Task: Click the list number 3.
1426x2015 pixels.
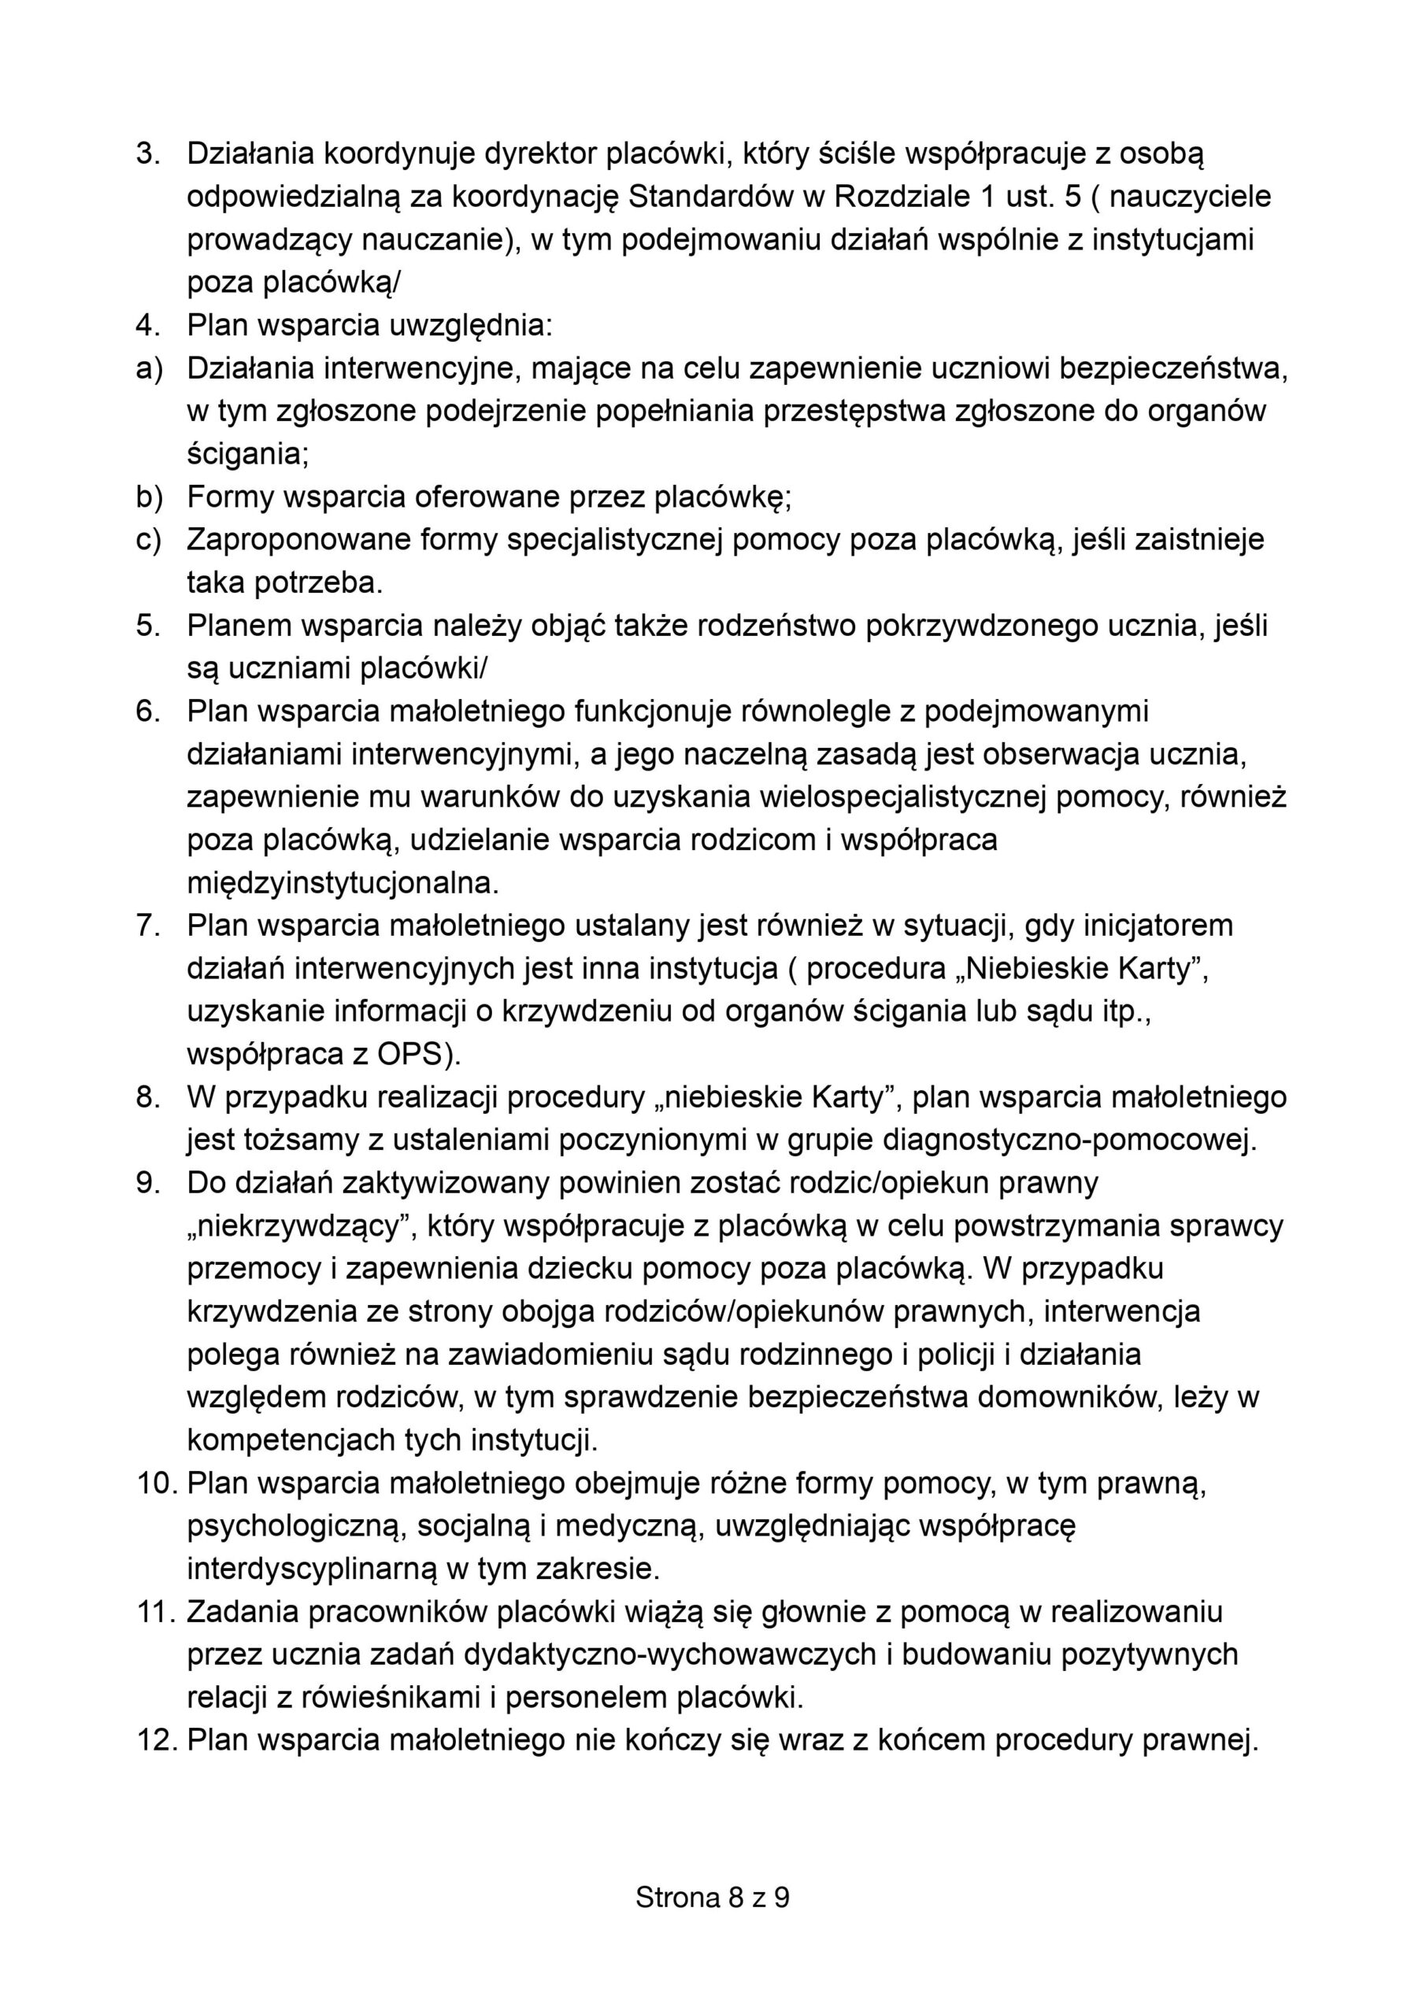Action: tap(147, 153)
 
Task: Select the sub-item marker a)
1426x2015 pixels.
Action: tap(150, 368)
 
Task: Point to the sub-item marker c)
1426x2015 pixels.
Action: tap(150, 540)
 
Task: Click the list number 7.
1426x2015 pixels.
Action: tap(147, 926)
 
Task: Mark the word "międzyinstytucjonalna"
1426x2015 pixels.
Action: tap(343, 883)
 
